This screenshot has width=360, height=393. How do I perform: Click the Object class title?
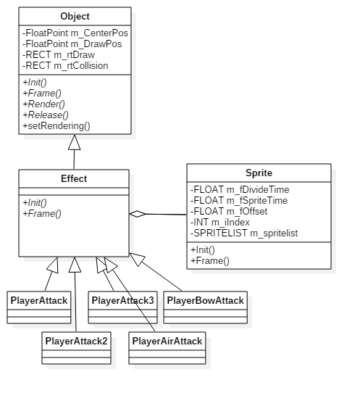pyautogui.click(x=75, y=17)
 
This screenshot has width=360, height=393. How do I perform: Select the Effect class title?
pyautogui.click(x=74, y=179)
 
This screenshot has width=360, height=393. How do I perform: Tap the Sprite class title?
pyautogui.click(x=259, y=173)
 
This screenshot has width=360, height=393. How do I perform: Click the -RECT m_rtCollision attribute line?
pyautogui.click(x=65, y=66)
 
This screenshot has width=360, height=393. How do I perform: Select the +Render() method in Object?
pyautogui.click(x=43, y=104)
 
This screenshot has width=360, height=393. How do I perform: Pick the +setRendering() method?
pyautogui.click(x=56, y=126)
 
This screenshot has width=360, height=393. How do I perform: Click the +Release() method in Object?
pyautogui.click(x=46, y=115)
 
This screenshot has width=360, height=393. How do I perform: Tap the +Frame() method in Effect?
pyautogui.click(x=42, y=214)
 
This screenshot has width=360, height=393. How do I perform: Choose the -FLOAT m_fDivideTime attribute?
pyautogui.click(x=240, y=190)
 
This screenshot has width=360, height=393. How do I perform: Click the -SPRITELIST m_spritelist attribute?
pyautogui.click(x=244, y=233)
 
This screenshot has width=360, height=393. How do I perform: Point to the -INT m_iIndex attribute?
pyautogui.click(x=220, y=223)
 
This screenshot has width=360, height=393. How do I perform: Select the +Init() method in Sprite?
pyautogui.click(x=203, y=250)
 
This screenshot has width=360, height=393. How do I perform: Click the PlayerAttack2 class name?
pyautogui.click(x=76, y=341)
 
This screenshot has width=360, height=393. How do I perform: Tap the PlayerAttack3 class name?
pyautogui.click(x=122, y=300)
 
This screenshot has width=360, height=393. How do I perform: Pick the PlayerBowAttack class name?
pyautogui.click(x=205, y=300)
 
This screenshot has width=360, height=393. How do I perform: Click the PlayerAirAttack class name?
pyautogui.click(x=167, y=341)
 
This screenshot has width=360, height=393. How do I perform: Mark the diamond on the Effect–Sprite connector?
pyautogui.click(x=138, y=214)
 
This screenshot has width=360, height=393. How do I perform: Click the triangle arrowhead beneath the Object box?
pyautogui.click(x=75, y=142)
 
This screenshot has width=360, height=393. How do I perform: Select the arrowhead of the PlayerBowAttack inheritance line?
pyautogui.click(x=137, y=259)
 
